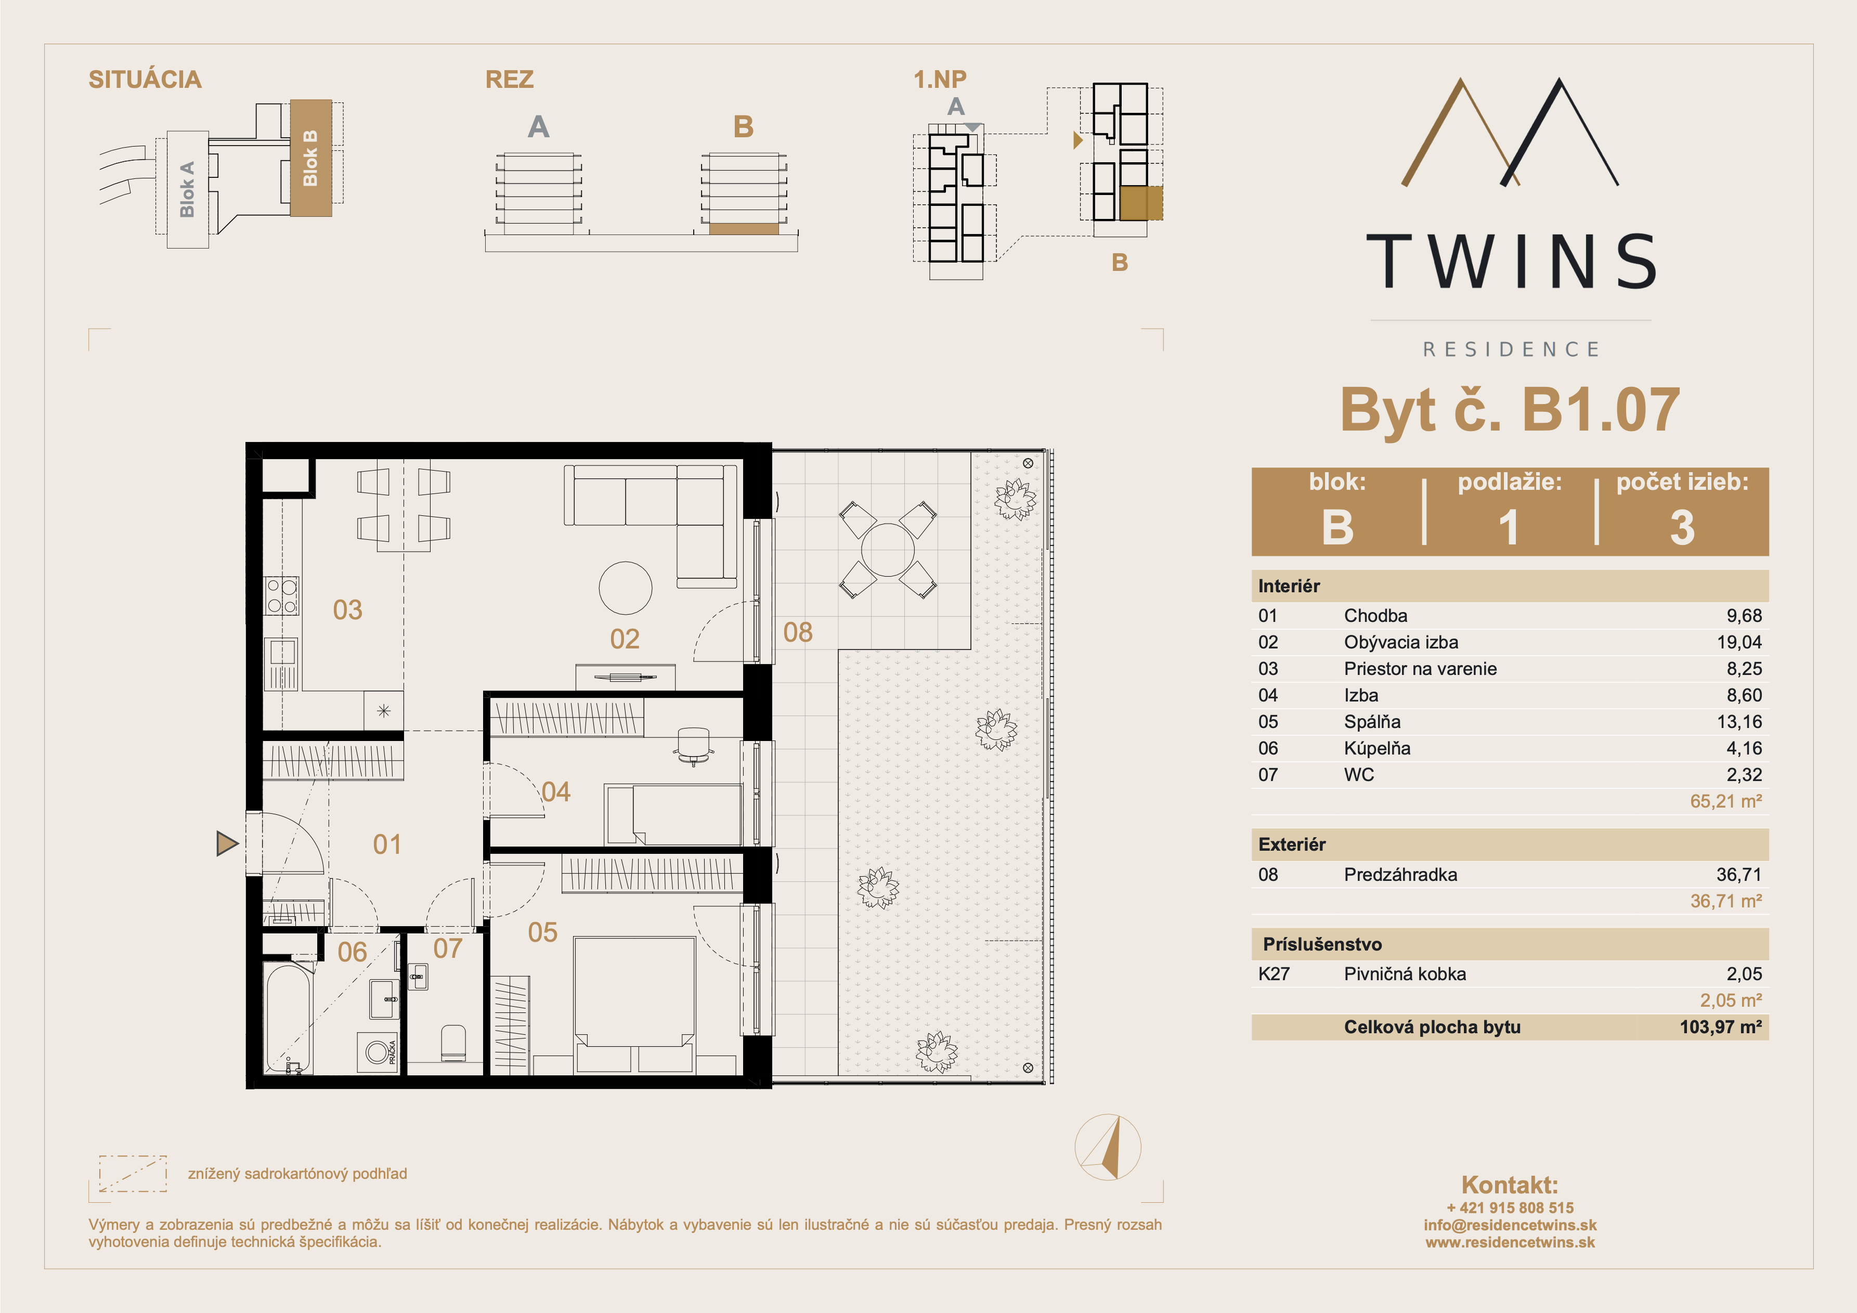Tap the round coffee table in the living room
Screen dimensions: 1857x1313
625,588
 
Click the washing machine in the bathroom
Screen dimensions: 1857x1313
378,1051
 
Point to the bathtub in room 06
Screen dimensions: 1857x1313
287,1018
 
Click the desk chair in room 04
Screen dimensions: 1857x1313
693,745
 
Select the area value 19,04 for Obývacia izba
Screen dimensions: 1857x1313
1744,642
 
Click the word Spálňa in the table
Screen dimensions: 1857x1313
1372,722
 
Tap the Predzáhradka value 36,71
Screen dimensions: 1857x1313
1739,875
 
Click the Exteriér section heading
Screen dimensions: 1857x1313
1292,844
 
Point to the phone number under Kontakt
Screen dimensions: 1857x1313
1510,1208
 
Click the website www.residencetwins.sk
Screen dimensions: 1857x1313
1510,1243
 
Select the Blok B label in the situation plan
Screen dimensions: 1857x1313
310,158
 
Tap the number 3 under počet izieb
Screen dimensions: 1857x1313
1682,527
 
